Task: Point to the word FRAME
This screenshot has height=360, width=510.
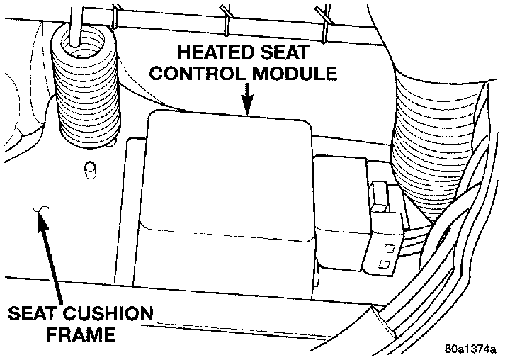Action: pos(83,332)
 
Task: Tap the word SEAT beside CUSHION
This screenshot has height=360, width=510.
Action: pos(33,313)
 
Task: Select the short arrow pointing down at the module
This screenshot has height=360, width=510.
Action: pos(246,98)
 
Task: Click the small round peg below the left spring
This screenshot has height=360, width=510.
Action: pos(89,170)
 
